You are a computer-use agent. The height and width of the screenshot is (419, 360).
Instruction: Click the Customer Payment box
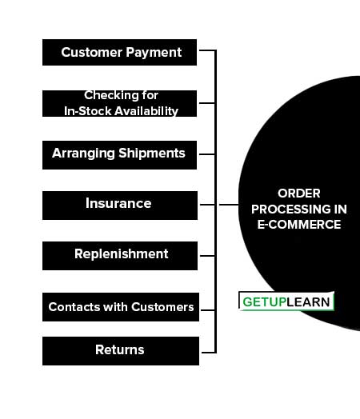[119, 53]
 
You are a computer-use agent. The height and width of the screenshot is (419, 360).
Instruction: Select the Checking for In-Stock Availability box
[119, 103]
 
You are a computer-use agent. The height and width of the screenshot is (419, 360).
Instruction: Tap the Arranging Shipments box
[119, 155]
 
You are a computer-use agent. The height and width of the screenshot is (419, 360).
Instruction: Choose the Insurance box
[120, 206]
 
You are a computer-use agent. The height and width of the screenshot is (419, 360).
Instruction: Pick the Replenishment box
[120, 256]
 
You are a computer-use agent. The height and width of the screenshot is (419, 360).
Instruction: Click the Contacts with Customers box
[121, 307]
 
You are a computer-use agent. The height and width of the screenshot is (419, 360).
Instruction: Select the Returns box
[121, 351]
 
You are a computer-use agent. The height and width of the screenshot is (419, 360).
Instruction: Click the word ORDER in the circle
[298, 194]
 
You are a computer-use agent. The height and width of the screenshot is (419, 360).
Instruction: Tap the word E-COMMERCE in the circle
[299, 225]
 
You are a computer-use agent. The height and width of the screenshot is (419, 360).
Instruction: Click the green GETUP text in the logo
[264, 302]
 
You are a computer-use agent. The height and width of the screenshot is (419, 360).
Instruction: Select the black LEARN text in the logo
[308, 302]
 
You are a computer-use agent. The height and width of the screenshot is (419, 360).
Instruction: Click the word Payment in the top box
[154, 53]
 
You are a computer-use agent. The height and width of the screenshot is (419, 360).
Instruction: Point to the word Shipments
[152, 154]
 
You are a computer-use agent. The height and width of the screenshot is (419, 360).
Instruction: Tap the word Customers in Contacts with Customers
[162, 307]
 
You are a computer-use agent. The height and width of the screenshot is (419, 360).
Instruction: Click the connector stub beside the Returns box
[208, 353]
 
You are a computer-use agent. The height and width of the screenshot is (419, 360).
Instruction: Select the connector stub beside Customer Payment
[207, 50]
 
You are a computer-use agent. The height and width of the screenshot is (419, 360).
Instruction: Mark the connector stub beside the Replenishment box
[207, 256]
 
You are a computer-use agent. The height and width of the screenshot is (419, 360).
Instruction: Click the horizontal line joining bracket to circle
[229, 205]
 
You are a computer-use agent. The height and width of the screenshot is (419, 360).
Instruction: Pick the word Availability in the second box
[146, 111]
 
